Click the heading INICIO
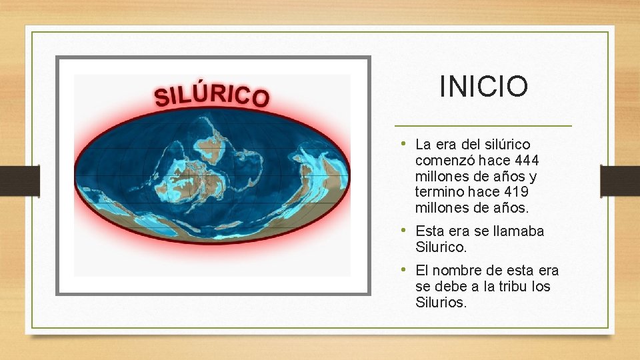[483, 86]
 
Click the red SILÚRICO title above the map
[212, 95]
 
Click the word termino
[437, 192]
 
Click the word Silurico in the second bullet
[441, 247]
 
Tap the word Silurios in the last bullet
[441, 302]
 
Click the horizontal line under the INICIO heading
[483, 125]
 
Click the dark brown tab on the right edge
[619, 181]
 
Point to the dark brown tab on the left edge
[19, 181]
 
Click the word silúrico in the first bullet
[507, 145]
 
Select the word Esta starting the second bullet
[429, 231]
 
